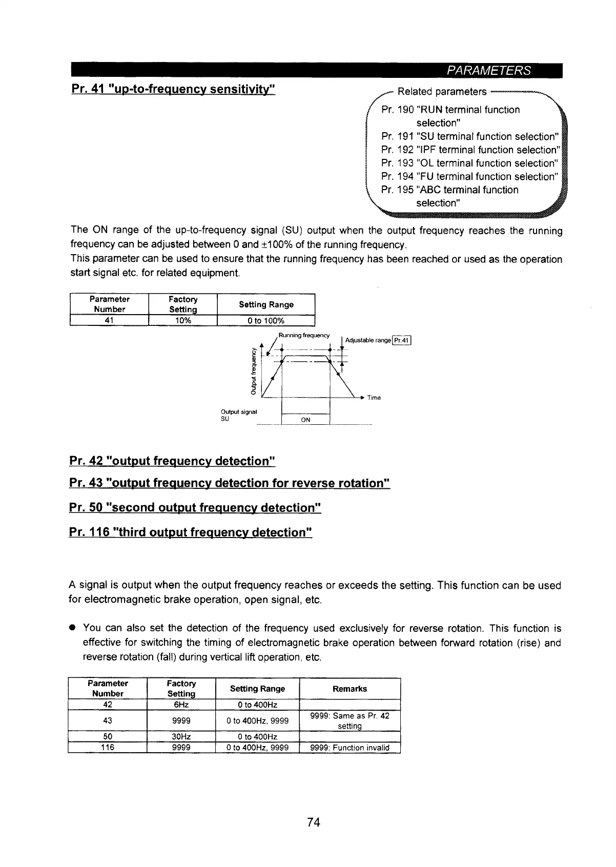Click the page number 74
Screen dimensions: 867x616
point(313,822)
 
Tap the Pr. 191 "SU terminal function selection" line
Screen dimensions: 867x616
point(468,136)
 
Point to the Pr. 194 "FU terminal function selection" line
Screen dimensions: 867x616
point(468,176)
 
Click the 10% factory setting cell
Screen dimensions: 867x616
point(182,321)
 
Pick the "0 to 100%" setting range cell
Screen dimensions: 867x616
point(265,321)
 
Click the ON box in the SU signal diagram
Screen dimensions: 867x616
point(305,420)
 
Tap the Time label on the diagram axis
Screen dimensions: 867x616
point(374,398)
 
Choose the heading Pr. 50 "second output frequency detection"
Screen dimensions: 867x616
point(195,507)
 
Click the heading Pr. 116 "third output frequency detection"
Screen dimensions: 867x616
point(190,532)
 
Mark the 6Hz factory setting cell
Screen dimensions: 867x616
point(181,705)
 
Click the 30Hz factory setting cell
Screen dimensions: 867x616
point(181,737)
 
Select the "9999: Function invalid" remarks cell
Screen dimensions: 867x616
point(350,748)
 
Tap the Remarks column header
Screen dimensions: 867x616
point(350,689)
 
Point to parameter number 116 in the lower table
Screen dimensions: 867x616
point(108,748)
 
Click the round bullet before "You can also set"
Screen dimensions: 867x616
point(73,628)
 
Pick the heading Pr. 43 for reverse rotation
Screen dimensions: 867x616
point(230,483)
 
